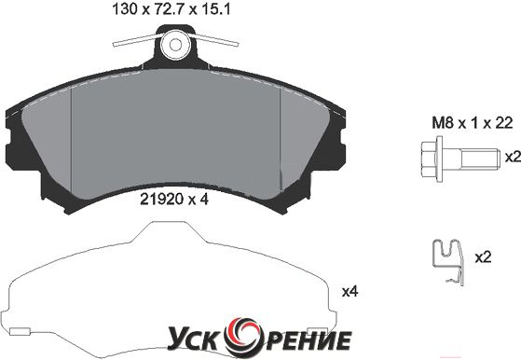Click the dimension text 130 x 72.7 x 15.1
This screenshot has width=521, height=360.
coord(171,9)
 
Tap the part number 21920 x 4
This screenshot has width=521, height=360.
coord(174,199)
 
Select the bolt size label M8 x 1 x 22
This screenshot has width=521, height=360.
coord(472,123)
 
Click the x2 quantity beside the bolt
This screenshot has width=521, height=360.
coord(513,157)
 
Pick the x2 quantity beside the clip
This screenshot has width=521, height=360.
coord(483,257)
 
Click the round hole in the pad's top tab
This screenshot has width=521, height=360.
coord(175,45)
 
